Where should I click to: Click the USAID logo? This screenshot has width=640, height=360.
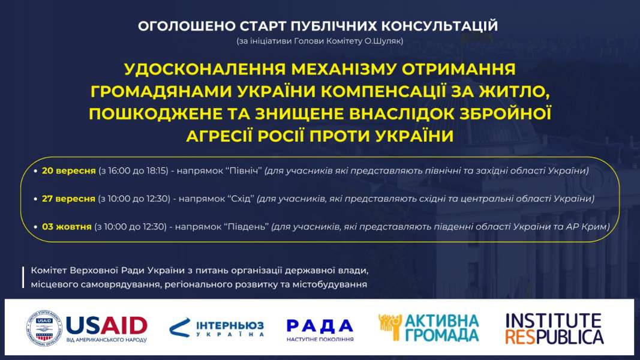[86, 328]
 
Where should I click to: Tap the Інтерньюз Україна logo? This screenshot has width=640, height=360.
[217, 328]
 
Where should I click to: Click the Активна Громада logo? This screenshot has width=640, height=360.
[429, 328]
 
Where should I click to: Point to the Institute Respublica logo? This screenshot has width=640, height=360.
[554, 329]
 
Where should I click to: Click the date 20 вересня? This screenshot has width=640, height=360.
[68, 170]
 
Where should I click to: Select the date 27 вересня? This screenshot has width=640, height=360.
[68, 199]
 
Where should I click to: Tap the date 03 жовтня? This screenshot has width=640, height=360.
[67, 227]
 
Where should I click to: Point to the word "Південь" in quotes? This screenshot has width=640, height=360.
[246, 227]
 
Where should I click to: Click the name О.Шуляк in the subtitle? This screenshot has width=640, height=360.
[384, 41]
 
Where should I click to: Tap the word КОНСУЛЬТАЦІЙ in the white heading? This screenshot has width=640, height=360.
[440, 26]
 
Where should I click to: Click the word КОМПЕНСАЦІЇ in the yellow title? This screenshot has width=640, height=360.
[383, 91]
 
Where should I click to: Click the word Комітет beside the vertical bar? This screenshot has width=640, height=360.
[49, 271]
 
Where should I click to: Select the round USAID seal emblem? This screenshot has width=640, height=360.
[44, 328]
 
